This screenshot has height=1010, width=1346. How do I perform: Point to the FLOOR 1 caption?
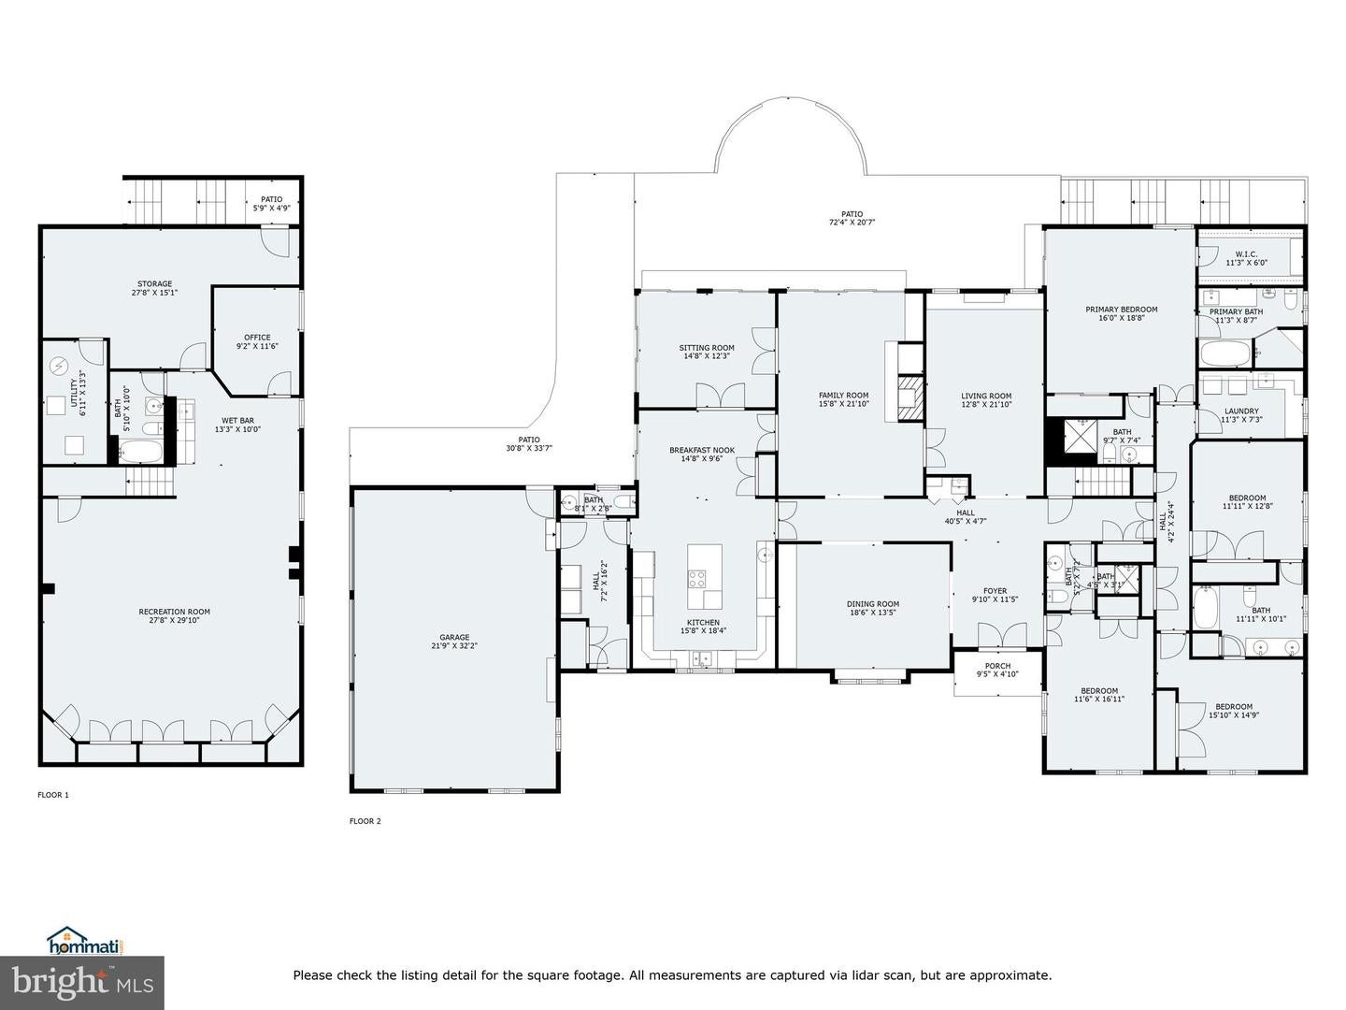pos(53,795)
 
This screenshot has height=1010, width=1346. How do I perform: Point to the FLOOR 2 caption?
pos(365,821)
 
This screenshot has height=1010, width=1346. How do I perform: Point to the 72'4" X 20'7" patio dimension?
pos(852,223)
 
